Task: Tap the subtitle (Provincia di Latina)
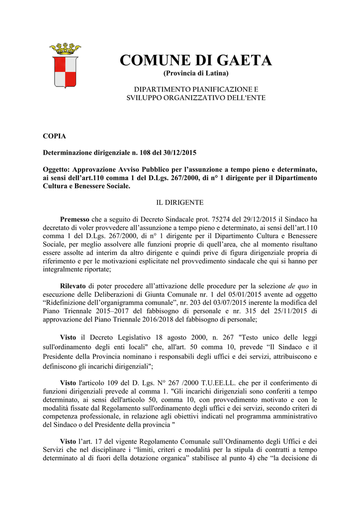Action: coord(196,74)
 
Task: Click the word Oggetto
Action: coord(56,169)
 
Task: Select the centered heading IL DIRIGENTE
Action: coord(180,202)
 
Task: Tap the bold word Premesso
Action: coord(75,219)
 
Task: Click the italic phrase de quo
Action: coord(298,286)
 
